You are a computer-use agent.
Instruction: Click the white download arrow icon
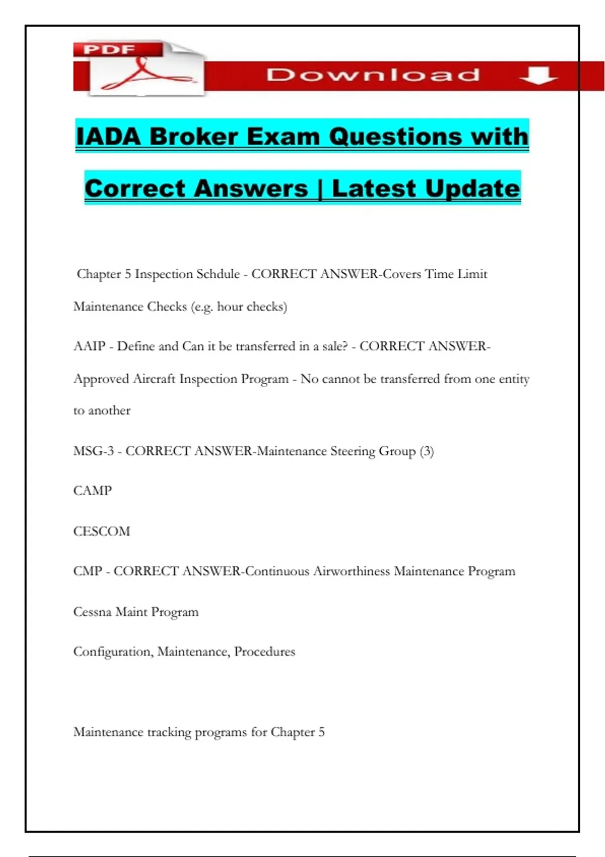538,76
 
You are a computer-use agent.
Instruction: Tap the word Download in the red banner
373,75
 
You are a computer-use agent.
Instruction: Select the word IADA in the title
107,137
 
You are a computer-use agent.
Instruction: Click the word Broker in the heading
194,137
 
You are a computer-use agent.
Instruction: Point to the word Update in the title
472,189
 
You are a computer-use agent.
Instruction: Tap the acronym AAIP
89,346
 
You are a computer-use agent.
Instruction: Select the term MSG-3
94,451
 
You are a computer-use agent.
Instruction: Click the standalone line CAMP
92,491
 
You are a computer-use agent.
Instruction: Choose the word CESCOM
101,531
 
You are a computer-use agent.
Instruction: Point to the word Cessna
92,612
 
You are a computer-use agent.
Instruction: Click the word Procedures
265,652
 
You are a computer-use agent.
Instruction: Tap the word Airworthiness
351,571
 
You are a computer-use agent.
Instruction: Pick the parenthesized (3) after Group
427,451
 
